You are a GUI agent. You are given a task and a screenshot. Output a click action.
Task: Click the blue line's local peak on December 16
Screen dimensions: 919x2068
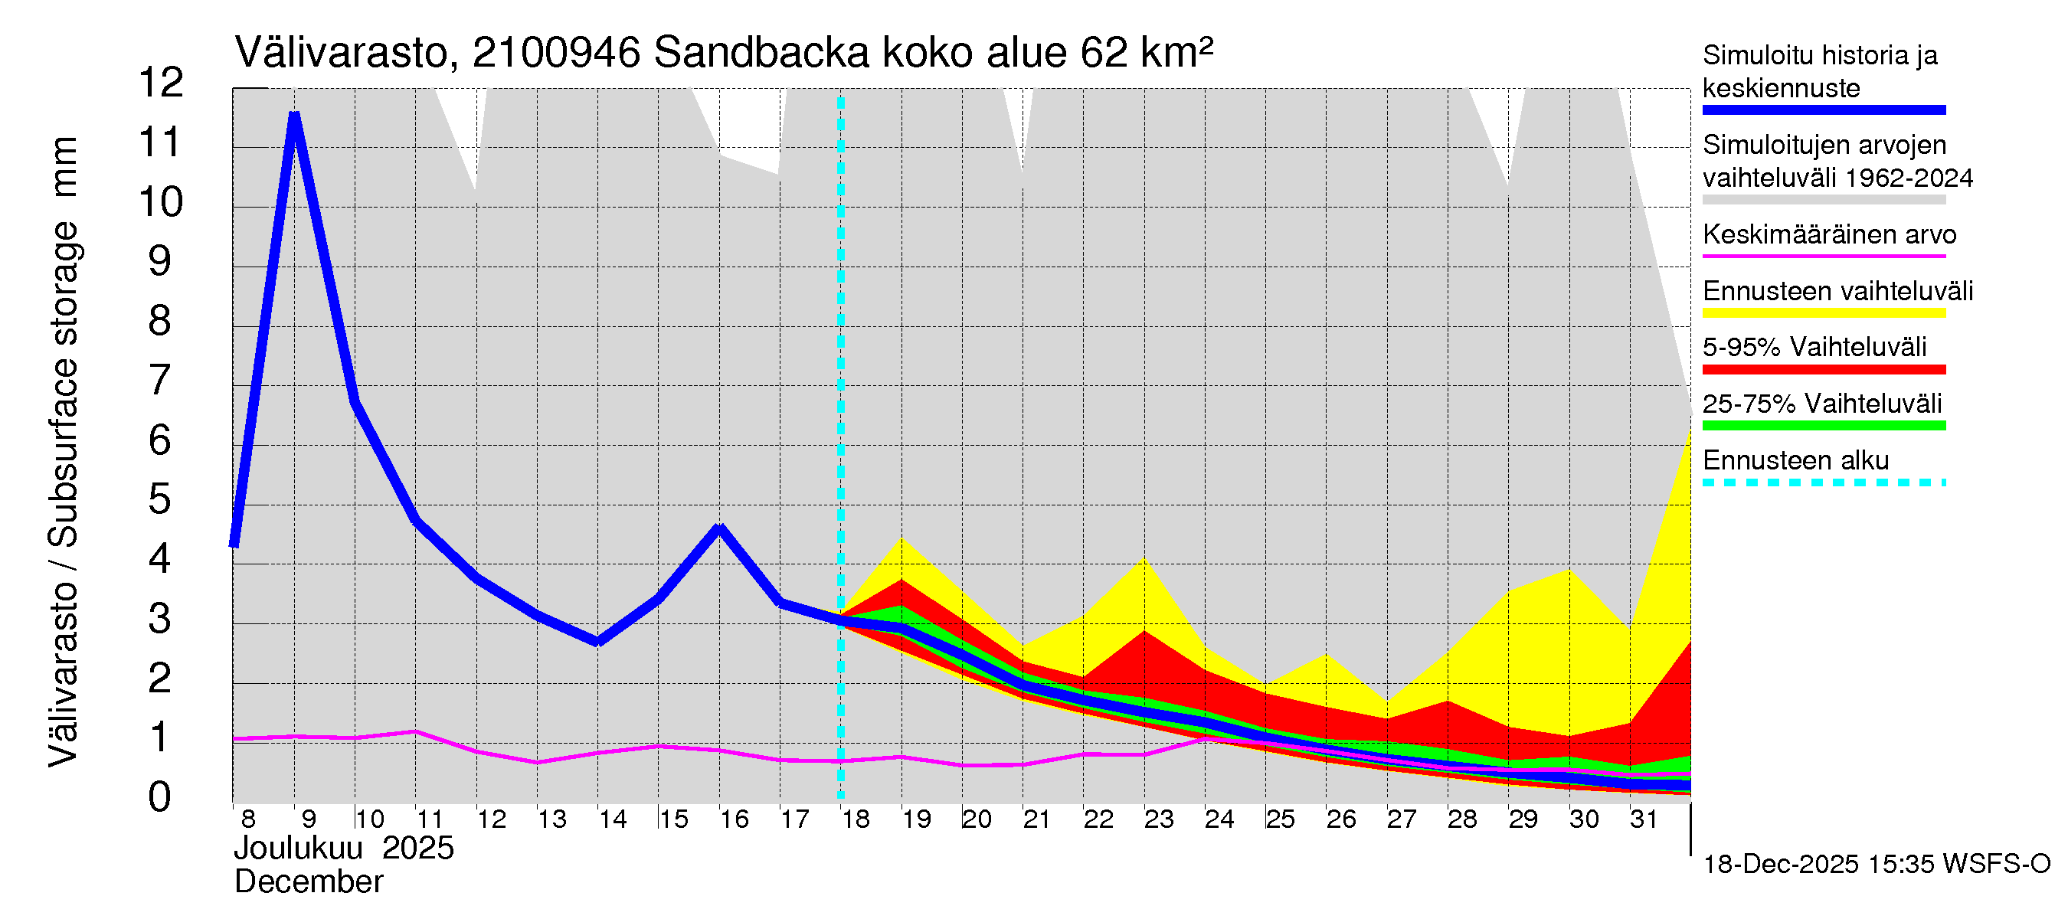click(719, 528)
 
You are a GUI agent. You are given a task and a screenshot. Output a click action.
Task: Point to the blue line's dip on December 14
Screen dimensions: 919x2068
click(598, 641)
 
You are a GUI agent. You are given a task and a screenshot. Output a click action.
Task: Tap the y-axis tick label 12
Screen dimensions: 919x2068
click(161, 83)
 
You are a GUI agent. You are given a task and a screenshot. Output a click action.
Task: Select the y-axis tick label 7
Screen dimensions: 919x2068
click(160, 380)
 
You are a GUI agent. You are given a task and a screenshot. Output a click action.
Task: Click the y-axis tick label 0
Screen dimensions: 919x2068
click(160, 797)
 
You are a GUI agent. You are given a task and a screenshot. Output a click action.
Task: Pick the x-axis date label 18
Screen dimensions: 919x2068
click(855, 819)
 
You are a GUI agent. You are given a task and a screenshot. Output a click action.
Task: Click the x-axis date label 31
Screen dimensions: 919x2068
click(1644, 819)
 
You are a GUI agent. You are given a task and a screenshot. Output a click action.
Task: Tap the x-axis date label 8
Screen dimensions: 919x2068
click(247, 819)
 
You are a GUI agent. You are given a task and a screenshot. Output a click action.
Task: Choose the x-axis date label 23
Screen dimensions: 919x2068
click(1158, 819)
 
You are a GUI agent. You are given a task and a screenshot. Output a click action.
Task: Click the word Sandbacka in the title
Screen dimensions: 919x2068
click(761, 53)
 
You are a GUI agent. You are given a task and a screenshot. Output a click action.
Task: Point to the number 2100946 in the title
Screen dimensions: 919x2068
click(556, 53)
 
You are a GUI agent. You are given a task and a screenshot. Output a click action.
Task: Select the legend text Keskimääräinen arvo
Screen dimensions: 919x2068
click(1830, 234)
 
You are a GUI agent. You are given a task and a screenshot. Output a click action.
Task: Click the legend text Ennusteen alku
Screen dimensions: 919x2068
click(1796, 461)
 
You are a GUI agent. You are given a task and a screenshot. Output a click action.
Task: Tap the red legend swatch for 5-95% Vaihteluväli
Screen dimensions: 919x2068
click(1824, 370)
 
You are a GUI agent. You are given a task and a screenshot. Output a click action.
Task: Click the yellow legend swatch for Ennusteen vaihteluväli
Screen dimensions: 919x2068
click(1824, 313)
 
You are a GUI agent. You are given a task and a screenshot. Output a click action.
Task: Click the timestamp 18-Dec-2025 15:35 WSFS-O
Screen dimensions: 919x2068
click(1876, 865)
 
